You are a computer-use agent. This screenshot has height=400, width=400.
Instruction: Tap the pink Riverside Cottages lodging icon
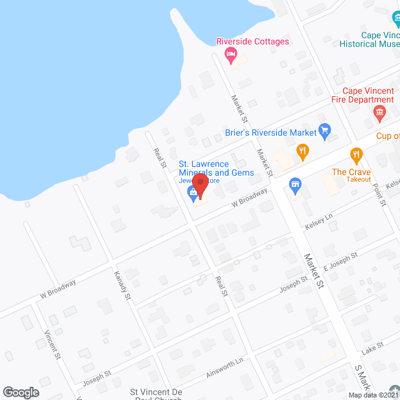[x=231, y=55]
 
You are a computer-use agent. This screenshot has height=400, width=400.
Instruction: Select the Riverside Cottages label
[x=252, y=42]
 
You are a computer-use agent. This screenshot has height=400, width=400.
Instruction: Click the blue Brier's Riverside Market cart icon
[x=324, y=131]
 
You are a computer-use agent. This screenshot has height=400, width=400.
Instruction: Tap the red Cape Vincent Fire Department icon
[x=379, y=114]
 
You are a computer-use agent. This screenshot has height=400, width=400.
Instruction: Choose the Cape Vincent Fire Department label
[x=362, y=95]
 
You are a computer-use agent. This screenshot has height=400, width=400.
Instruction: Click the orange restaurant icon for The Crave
[x=356, y=154]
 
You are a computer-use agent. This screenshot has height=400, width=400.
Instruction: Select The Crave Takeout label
[x=351, y=176]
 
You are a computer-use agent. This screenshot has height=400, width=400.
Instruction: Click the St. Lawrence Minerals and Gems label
[x=216, y=168]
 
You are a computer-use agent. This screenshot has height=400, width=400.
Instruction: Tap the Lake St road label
[x=371, y=347]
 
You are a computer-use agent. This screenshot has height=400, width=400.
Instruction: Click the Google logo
[x=21, y=392]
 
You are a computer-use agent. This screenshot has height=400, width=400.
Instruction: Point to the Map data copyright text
[x=373, y=395]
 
